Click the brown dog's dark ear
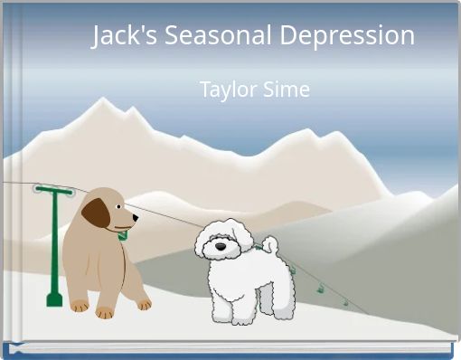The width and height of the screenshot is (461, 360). click(x=95, y=213)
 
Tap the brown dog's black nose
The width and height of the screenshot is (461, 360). click(x=136, y=217)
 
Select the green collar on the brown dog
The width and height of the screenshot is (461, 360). click(x=121, y=235)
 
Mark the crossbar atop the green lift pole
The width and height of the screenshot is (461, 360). click(x=53, y=190)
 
